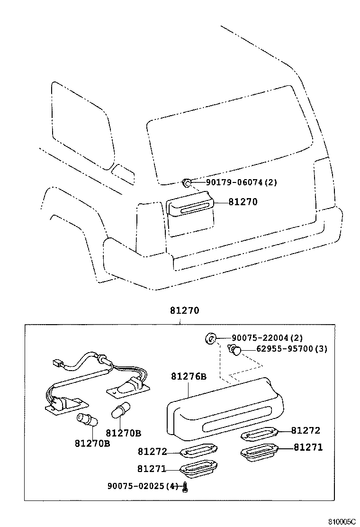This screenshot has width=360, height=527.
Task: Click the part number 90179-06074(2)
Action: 241,182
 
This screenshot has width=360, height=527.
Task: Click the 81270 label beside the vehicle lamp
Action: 243,202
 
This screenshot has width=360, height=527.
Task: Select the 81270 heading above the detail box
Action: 184,311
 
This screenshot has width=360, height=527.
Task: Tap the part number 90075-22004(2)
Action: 267,338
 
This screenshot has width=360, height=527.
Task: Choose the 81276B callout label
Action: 189,377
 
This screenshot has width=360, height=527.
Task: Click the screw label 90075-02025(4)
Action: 143,486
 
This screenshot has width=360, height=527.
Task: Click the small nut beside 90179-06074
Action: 187,182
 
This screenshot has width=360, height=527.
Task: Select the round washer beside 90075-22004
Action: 211,338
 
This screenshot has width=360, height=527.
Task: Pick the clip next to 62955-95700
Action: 235,350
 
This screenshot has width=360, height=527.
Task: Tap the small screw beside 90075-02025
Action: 186,486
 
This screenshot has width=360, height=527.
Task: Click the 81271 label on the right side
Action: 308,447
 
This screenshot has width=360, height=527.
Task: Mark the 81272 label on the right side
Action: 306,430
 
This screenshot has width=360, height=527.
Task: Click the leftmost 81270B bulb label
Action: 92,444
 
